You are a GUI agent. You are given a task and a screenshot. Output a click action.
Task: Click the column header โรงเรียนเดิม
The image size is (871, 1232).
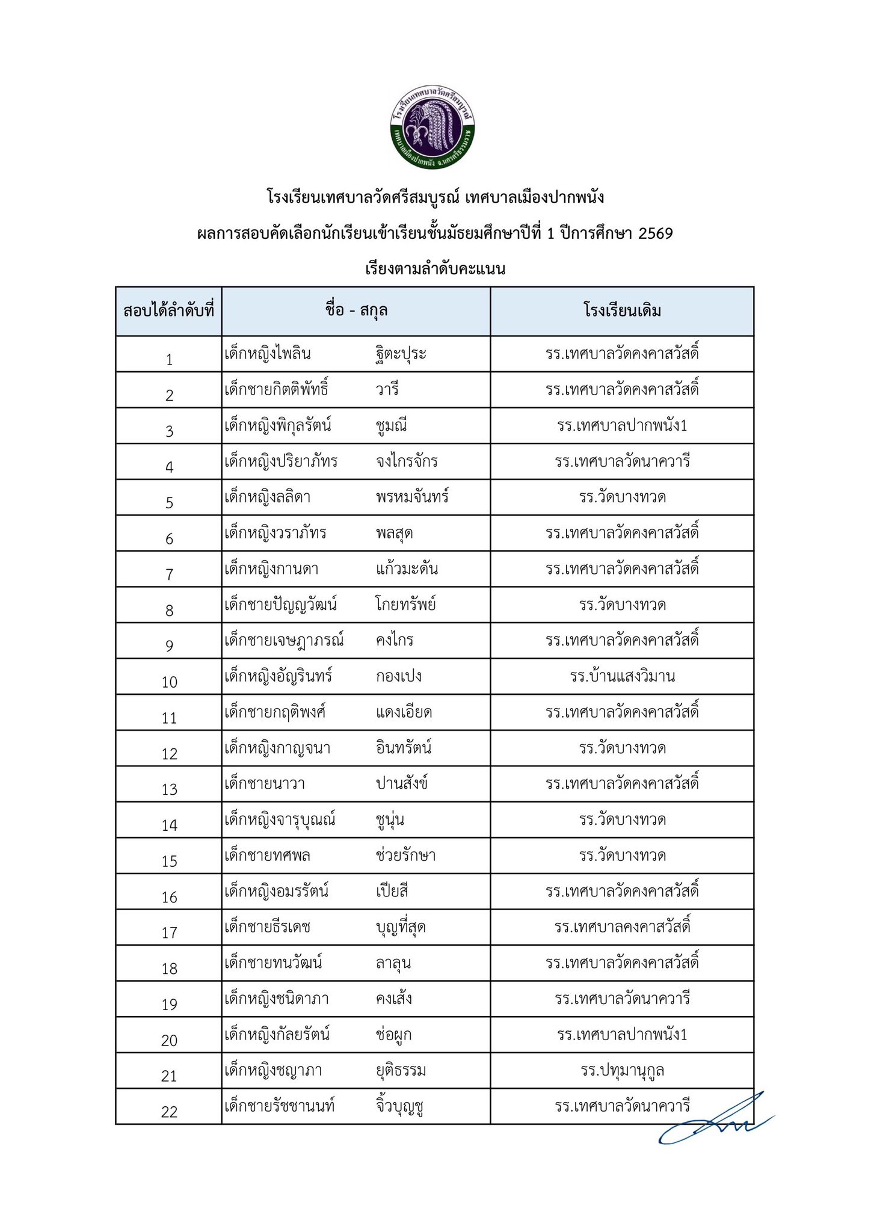[x=622, y=311]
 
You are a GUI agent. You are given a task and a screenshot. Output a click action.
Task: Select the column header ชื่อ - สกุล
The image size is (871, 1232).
[x=356, y=311]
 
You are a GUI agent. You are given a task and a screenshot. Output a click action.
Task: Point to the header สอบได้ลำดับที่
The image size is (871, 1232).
[x=169, y=311]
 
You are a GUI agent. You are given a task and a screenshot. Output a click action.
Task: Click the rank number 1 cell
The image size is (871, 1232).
[x=170, y=359]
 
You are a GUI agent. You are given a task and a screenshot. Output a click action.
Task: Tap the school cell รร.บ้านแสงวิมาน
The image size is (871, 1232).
[x=622, y=676]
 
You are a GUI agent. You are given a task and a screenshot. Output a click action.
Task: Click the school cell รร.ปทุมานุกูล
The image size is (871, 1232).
[x=622, y=1071]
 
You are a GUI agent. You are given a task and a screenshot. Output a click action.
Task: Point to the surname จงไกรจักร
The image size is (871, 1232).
[x=407, y=461]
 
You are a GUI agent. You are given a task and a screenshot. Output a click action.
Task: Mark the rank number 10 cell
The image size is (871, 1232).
[x=170, y=682]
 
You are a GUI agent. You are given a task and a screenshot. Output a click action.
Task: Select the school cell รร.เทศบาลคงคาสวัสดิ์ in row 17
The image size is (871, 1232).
[x=622, y=927]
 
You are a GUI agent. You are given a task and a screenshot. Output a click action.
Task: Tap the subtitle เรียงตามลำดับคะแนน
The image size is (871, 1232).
[x=435, y=268]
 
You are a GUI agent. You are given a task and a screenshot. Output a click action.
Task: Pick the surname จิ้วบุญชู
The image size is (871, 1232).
[x=400, y=1106]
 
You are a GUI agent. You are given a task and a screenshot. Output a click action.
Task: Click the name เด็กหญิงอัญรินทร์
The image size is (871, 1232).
[x=279, y=676]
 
